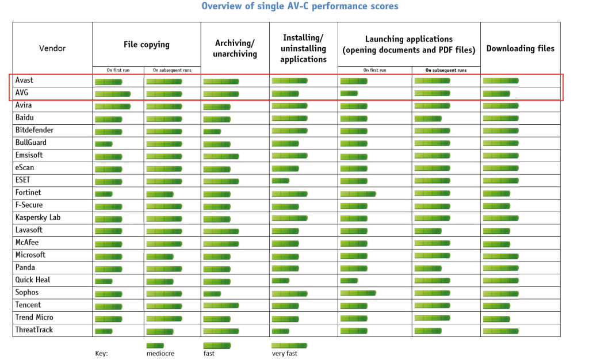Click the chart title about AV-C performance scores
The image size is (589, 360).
(x=300, y=6)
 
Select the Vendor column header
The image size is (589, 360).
(x=52, y=48)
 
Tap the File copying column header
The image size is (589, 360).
(x=146, y=44)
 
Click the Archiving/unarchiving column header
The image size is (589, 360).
(x=235, y=48)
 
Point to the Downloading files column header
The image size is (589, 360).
(x=520, y=48)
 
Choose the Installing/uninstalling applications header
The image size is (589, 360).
(x=303, y=48)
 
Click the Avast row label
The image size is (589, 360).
(x=24, y=81)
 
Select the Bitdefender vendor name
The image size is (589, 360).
(x=35, y=131)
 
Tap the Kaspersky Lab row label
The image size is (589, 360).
(x=38, y=218)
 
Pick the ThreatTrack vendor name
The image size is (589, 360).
(x=35, y=330)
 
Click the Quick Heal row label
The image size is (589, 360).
(x=33, y=280)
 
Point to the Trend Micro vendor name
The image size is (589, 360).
(x=35, y=317)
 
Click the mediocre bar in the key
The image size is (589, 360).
(x=155, y=346)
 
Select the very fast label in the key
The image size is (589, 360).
(x=285, y=354)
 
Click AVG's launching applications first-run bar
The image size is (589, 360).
(x=349, y=93)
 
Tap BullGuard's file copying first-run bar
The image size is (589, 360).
(x=104, y=143)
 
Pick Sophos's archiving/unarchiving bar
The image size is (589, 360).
(x=212, y=293)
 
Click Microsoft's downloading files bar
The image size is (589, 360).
(x=500, y=255)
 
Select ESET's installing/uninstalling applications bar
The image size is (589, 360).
(x=280, y=181)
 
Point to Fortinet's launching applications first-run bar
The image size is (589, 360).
(x=358, y=193)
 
